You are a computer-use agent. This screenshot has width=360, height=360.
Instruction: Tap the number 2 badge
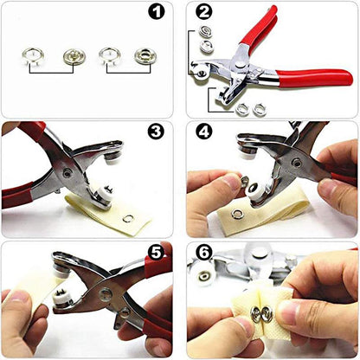point(204,12)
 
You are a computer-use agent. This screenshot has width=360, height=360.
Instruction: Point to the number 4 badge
point(204,132)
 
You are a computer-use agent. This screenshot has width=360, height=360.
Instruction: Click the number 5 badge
point(155,252)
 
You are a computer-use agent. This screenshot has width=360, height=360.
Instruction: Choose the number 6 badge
point(204,252)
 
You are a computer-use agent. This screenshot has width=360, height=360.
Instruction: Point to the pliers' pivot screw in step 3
point(67,173)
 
